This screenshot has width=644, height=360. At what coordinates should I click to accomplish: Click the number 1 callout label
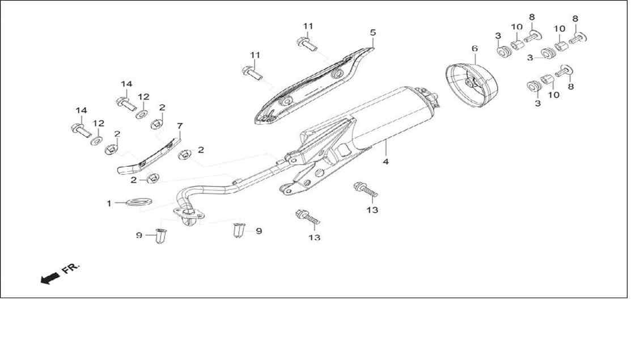[109, 204]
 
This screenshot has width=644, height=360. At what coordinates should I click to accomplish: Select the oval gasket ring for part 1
[139, 202]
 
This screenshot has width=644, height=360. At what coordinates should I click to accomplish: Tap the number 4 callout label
[385, 162]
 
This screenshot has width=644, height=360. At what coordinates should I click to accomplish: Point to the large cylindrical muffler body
[390, 119]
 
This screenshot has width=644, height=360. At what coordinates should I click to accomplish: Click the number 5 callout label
[372, 32]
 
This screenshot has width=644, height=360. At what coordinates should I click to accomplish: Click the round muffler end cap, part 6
[472, 84]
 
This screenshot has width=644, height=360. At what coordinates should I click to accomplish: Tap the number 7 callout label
[180, 126]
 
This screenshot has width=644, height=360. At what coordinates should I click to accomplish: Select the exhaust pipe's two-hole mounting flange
[189, 214]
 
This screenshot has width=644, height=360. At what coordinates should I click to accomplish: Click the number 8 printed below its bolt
[571, 87]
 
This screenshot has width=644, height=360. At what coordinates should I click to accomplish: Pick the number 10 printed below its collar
[554, 95]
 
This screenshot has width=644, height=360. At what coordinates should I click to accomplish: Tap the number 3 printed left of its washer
[530, 58]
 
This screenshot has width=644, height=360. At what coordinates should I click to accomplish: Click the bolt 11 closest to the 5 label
[307, 43]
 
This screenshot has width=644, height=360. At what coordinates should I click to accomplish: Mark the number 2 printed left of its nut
[133, 180]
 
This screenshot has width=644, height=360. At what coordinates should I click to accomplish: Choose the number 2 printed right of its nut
[201, 150]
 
